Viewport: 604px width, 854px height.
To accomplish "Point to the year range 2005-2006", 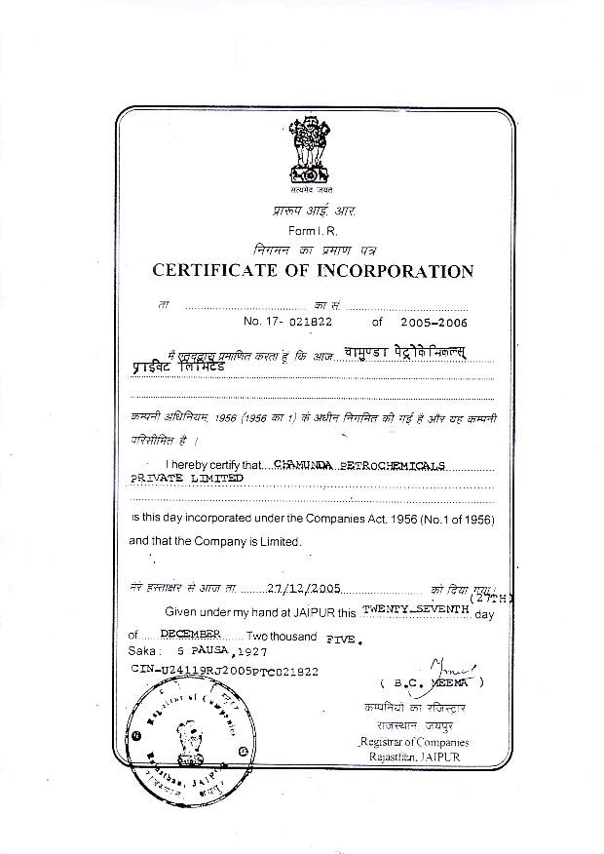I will coord(426,320).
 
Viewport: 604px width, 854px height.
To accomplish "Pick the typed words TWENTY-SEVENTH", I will coord(416,608).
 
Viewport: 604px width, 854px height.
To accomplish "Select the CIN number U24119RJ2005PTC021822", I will coord(224,672).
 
